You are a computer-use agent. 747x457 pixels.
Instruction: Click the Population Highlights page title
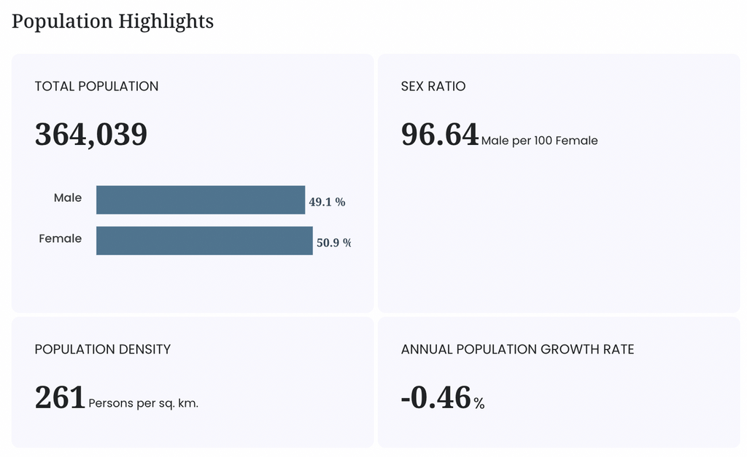[x=112, y=21]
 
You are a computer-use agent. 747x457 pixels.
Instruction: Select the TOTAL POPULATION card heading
[x=97, y=86]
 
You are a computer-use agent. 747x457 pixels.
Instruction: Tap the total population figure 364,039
[x=91, y=134]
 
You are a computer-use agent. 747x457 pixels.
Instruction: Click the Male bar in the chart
[x=201, y=200]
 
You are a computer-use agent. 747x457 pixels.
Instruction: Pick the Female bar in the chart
[x=204, y=241]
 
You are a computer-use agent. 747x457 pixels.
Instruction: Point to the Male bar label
[x=68, y=198]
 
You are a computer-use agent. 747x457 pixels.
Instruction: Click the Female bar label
[x=60, y=238]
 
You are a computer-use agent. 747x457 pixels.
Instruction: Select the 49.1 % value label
[x=328, y=202]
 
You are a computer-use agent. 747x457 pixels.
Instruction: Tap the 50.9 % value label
[x=334, y=243]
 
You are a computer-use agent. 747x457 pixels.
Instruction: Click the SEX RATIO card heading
[x=433, y=86]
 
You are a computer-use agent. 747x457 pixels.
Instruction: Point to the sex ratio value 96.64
[x=440, y=134]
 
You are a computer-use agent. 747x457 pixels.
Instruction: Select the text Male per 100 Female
[x=539, y=141]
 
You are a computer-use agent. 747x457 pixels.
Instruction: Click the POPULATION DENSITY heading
[x=102, y=349]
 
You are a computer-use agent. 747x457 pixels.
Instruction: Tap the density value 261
[x=60, y=397]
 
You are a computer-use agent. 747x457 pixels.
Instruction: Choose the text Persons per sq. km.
[x=144, y=404]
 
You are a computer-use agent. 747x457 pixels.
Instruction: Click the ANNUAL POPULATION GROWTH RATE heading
[x=517, y=349]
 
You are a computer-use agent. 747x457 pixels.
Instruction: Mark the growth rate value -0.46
[x=436, y=397]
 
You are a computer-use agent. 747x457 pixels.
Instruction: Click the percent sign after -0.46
[x=479, y=404]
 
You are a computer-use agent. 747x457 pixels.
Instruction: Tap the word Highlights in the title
[x=166, y=21]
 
